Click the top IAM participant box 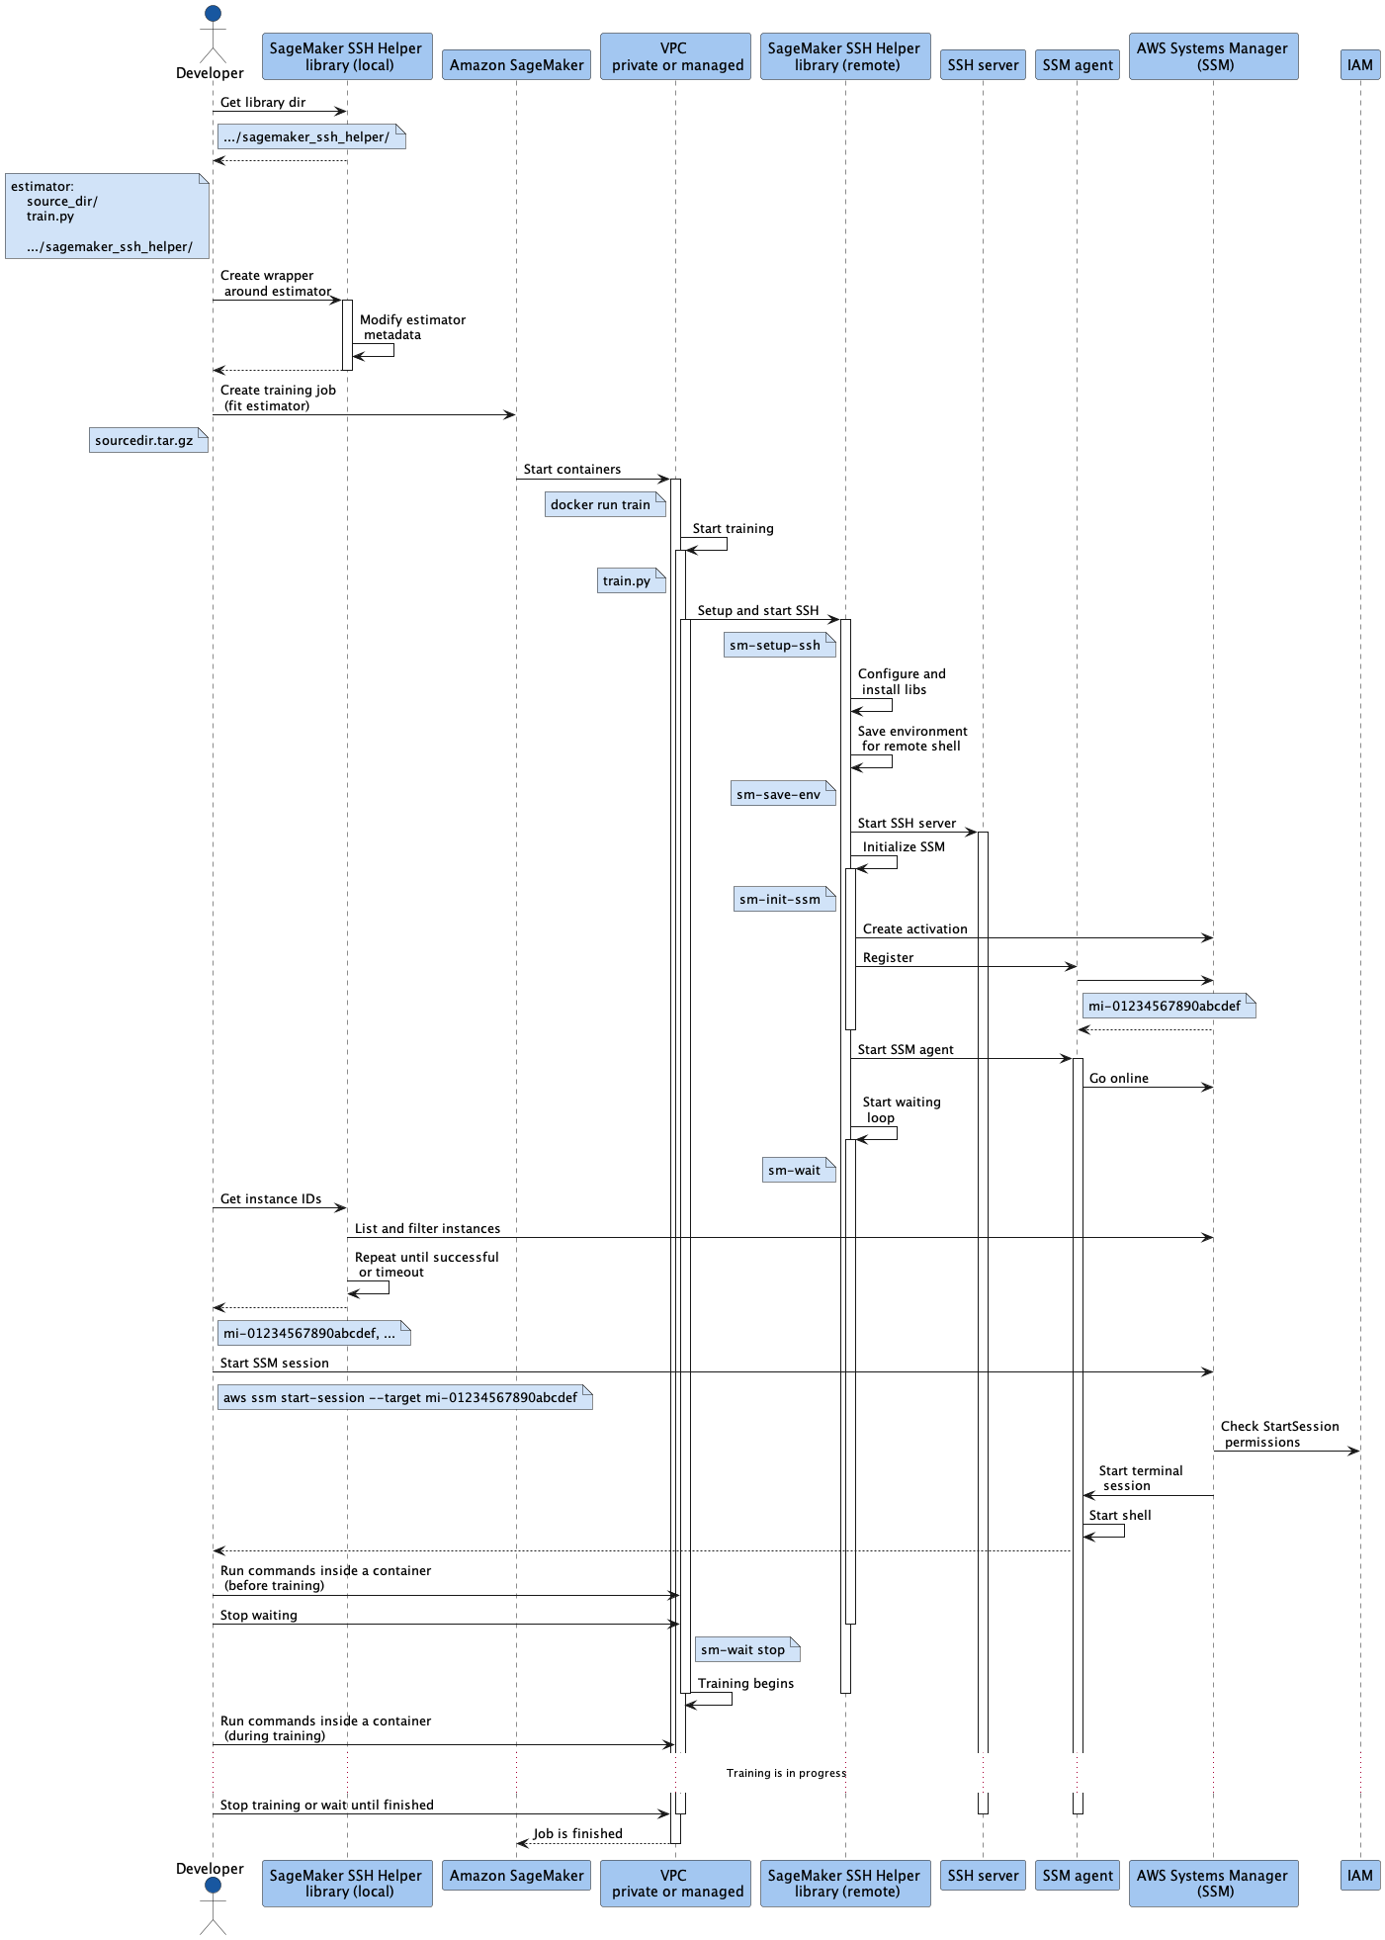(1360, 65)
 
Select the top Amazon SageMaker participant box (516, 65)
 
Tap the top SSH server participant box (983, 65)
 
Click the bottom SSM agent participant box (1078, 1875)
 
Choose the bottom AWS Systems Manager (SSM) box (1213, 1883)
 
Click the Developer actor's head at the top (213, 14)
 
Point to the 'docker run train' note (605, 504)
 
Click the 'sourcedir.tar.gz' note (148, 440)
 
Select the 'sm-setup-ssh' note (780, 645)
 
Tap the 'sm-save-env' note (783, 794)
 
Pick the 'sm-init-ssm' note (785, 899)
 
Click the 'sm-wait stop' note (747, 1649)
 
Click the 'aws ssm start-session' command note (405, 1397)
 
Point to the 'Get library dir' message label (263, 102)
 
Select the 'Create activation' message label (914, 928)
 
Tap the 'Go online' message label (1118, 1078)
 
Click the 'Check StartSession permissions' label (1279, 1434)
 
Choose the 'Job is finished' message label (577, 1833)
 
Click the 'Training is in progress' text (786, 1773)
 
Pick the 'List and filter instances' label (427, 1228)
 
